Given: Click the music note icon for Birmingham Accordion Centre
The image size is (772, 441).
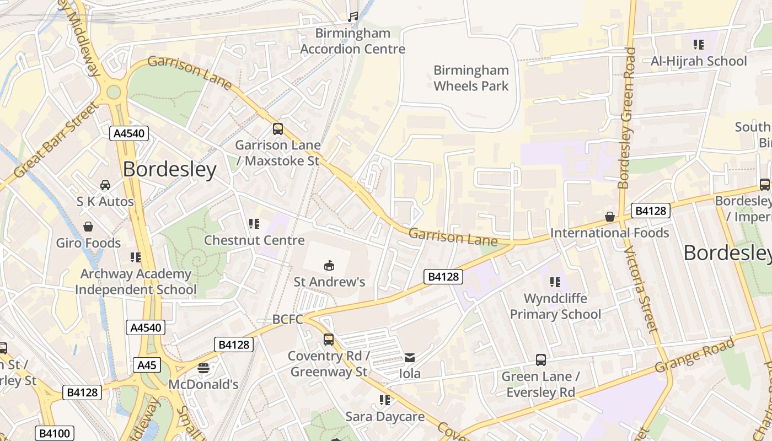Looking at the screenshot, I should tap(353, 17).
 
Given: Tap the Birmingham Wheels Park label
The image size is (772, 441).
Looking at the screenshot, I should tap(471, 78).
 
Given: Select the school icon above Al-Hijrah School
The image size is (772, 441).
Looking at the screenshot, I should tap(699, 45).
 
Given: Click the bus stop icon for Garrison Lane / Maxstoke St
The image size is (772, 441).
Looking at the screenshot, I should tap(278, 129).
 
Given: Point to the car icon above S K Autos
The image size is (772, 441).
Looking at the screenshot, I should tap(105, 185).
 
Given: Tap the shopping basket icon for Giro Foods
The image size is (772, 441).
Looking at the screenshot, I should tap(88, 227).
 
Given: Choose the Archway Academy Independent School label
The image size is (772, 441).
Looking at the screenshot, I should tap(136, 281).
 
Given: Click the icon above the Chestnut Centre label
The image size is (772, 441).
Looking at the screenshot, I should tap(254, 224).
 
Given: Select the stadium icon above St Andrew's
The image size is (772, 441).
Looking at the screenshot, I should tap(329, 266).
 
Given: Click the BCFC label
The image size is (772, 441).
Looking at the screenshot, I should tap(288, 320).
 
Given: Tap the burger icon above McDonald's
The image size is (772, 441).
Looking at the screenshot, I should tap(203, 368).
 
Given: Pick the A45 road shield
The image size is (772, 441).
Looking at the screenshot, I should tap(147, 365).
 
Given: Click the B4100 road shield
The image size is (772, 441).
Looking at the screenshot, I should tap(55, 433).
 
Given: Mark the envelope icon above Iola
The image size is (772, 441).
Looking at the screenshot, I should tap(410, 358).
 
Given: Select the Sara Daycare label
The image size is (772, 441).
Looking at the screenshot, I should tap(385, 416).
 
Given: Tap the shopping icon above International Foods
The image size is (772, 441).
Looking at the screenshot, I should tap(610, 217).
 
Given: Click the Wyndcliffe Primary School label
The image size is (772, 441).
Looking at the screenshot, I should tap(555, 306).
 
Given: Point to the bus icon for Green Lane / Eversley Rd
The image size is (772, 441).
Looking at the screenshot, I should tap(541, 360).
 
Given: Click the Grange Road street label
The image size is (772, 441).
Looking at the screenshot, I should tap(695, 356).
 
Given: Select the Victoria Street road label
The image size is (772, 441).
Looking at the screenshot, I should tap(641, 289).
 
